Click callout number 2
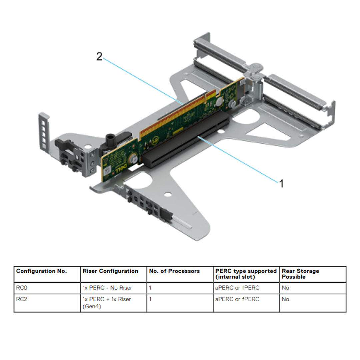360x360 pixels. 99,57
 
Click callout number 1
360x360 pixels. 281,183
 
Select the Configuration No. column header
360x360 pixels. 42,271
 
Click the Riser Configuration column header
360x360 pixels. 110,271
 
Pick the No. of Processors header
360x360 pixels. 174,271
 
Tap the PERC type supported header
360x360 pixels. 246,274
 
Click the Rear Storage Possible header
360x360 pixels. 300,274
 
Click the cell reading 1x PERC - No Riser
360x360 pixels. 107,288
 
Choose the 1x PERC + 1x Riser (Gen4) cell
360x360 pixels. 107,302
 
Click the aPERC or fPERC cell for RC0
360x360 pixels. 237,288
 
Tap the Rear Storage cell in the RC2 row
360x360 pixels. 285,299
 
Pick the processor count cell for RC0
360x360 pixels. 150,288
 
